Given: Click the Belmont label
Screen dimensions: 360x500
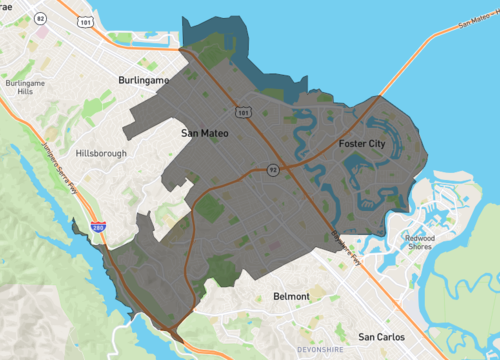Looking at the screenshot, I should (x=291, y=297).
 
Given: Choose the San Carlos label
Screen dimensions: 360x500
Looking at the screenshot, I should (x=379, y=336).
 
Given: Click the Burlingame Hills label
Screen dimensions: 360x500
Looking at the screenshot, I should (x=26, y=88).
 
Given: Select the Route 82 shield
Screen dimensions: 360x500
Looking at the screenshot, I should (x=40, y=18).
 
